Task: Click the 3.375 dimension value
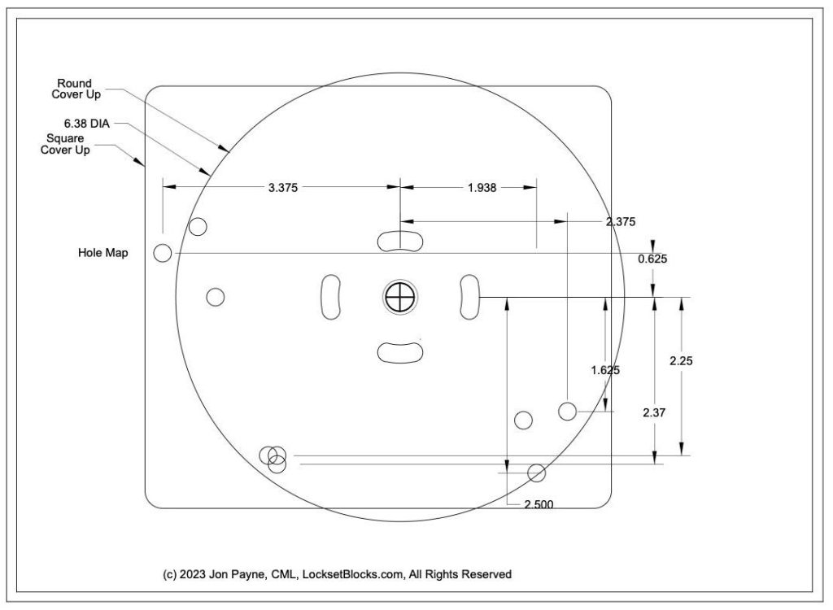(283, 187)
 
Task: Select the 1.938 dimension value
(483, 187)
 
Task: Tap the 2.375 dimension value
(621, 220)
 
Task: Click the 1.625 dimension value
(605, 370)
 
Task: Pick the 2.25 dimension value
(681, 362)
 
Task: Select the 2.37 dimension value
(654, 413)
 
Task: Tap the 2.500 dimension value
(539, 504)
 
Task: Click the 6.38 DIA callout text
(86, 124)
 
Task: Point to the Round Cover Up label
(74, 89)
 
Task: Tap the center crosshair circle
(399, 297)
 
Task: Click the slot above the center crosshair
(400, 240)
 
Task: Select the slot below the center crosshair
(400, 351)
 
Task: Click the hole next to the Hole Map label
(163, 253)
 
